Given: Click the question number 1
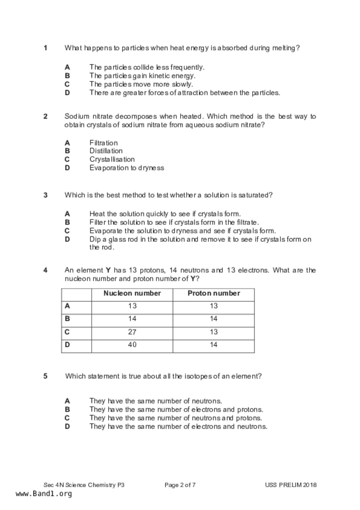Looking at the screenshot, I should (46, 48).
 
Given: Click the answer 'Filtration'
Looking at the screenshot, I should (103, 143).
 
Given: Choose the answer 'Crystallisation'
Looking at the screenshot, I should (112, 159).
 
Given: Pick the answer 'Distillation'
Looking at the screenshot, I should (106, 151).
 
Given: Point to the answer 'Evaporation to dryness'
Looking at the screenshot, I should (127, 168).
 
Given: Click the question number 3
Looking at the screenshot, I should (46, 195).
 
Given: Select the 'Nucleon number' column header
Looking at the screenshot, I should (132, 293).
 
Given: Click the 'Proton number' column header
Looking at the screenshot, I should (214, 293).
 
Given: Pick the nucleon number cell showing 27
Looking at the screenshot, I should (132, 332).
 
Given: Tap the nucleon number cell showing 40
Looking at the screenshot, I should (132, 345).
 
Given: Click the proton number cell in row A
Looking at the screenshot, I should (214, 306).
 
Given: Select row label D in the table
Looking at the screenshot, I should (67, 345).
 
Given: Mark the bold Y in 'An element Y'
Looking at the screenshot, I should (108, 270).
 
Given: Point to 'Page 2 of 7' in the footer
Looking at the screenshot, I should (180, 485).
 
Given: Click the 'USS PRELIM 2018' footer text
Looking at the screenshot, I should (291, 485).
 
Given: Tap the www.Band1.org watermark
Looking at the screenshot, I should (44, 494).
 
